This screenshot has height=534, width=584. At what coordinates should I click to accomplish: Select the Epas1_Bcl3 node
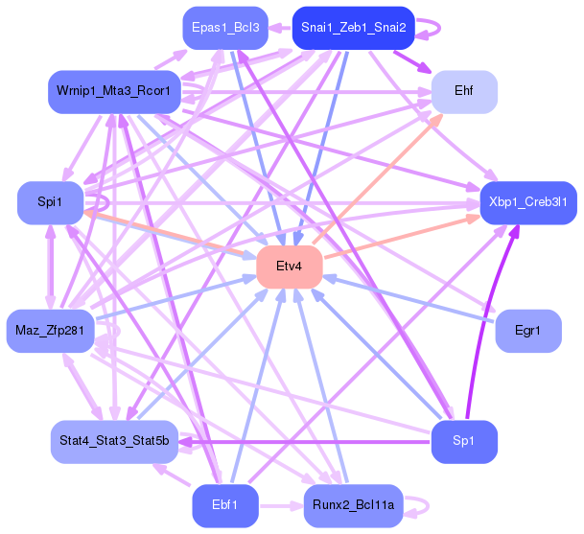pos(224,28)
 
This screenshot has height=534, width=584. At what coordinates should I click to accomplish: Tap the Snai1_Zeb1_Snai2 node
pos(353,28)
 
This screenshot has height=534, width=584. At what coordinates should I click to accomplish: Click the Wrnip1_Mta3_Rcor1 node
pos(113,91)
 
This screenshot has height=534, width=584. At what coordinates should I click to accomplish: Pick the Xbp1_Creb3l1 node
pos(527,202)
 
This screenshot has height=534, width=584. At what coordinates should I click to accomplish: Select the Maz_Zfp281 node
pos(49,331)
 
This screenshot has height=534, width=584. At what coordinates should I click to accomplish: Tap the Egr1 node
pos(527,331)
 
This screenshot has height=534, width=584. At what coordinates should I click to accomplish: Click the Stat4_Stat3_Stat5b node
pos(113,441)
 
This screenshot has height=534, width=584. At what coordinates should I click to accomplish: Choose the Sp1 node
pos(464,441)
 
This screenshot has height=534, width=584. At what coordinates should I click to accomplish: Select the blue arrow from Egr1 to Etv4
pos(412,300)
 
